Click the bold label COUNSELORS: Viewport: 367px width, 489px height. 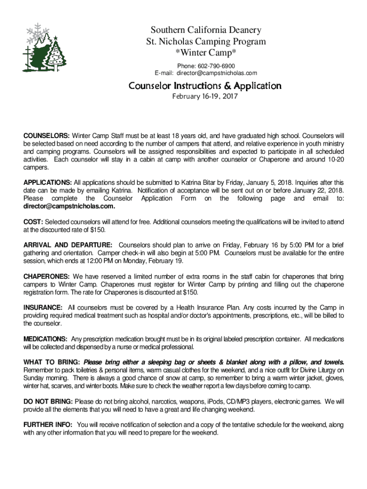pos(47,135)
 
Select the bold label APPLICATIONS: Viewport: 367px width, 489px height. pos(48,182)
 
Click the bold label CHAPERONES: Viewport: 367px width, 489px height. pos(47,276)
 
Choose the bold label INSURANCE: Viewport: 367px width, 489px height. pos(43,308)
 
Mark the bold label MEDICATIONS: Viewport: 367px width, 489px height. pos(45,339)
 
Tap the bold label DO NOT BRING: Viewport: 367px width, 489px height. pos(48,402)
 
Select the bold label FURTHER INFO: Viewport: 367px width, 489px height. pos(48,425)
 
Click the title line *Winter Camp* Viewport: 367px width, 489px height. pos(206,52)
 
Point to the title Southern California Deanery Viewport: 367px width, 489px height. pos(206,31)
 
